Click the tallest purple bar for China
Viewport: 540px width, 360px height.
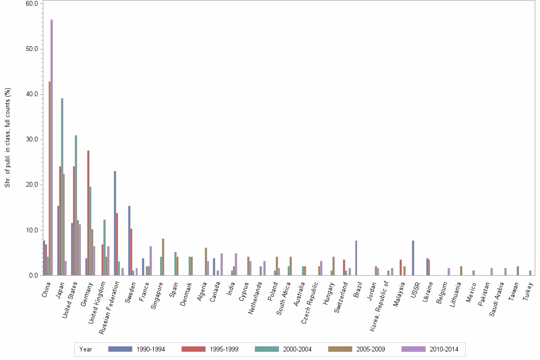(x=52, y=148)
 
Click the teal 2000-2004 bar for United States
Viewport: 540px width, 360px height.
(x=76, y=205)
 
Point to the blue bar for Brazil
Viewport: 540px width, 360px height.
(x=356, y=258)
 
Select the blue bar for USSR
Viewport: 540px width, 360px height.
(x=413, y=258)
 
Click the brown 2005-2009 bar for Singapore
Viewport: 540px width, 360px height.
(x=163, y=257)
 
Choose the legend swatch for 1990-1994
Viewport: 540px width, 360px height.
(x=120, y=349)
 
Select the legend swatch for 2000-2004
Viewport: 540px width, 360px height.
(x=267, y=349)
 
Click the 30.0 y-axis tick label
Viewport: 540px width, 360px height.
(x=32, y=140)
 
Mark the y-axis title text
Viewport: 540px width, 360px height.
(x=8, y=137)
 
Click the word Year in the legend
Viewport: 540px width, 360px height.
(x=86, y=350)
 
